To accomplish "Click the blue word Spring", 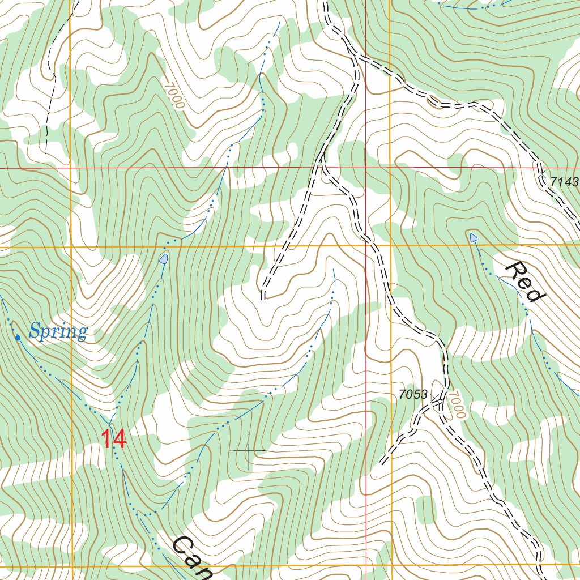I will (58, 331).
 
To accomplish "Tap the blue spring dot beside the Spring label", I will (18, 338).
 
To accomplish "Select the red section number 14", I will (114, 440).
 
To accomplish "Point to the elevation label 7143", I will (564, 182).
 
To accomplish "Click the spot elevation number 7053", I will (412, 395).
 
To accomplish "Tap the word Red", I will (525, 282).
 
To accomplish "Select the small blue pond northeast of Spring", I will (163, 259).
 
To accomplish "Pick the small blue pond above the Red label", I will (473, 237).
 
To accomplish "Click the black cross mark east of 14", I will (248, 450).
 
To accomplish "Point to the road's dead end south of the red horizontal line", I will (263, 295).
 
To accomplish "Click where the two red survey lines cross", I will (365, 168).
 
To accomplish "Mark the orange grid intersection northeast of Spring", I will (71, 248).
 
